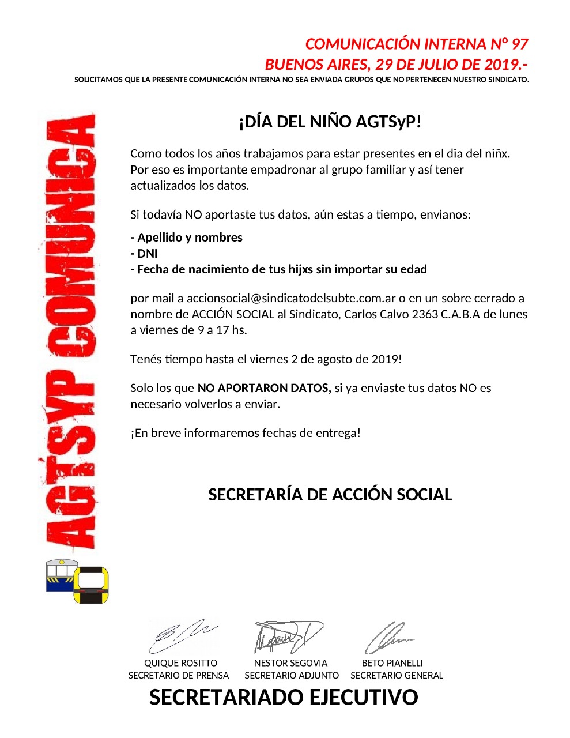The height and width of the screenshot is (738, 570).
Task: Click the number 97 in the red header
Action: tap(519, 44)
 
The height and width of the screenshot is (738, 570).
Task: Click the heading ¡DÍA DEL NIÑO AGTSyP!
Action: tap(330, 122)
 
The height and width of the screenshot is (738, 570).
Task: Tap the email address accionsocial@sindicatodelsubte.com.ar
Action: tap(291, 299)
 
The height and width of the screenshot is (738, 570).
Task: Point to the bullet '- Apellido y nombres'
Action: tap(187, 238)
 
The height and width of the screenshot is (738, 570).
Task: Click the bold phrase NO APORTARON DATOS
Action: tap(264, 389)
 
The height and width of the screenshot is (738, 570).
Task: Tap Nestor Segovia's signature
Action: tap(288, 636)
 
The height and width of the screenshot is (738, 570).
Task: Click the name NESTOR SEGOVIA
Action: tap(290, 663)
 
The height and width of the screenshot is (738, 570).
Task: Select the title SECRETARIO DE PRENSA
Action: tap(179, 676)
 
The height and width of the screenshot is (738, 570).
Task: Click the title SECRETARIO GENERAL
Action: tap(397, 676)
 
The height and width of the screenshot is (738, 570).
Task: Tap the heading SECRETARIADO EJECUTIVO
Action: tap(284, 698)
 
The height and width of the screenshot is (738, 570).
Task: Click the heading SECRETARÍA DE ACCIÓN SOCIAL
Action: tap(330, 495)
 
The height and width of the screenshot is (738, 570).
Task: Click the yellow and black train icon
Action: tap(91, 585)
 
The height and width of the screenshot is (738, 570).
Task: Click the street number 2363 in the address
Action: tap(425, 315)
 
